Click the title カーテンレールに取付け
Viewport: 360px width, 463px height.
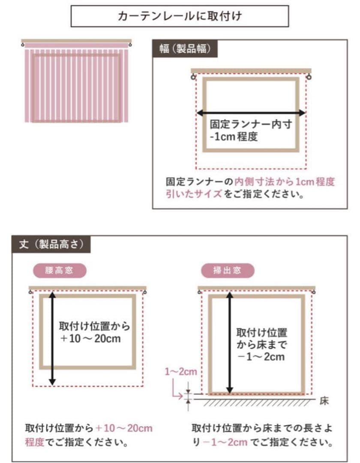(180, 17)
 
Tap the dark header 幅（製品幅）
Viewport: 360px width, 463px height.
(185, 49)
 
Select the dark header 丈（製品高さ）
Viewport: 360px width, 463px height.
(51, 244)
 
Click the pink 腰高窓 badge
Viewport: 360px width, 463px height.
(60, 271)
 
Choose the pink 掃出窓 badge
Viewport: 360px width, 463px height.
(227, 271)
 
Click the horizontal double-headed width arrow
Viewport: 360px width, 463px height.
(251, 113)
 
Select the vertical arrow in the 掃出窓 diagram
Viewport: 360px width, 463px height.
(230, 343)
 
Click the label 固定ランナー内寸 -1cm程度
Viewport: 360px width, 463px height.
(251, 130)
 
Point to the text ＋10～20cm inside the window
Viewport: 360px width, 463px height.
(90, 339)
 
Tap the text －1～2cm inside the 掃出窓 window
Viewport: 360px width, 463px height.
(261, 357)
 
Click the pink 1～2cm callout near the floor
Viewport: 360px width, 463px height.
(181, 372)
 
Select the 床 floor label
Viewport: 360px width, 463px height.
(324, 402)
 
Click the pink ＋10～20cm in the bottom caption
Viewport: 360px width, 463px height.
(124, 428)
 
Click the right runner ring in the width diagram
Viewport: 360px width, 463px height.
(309, 78)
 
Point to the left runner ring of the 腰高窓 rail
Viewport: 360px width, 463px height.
(31, 292)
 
